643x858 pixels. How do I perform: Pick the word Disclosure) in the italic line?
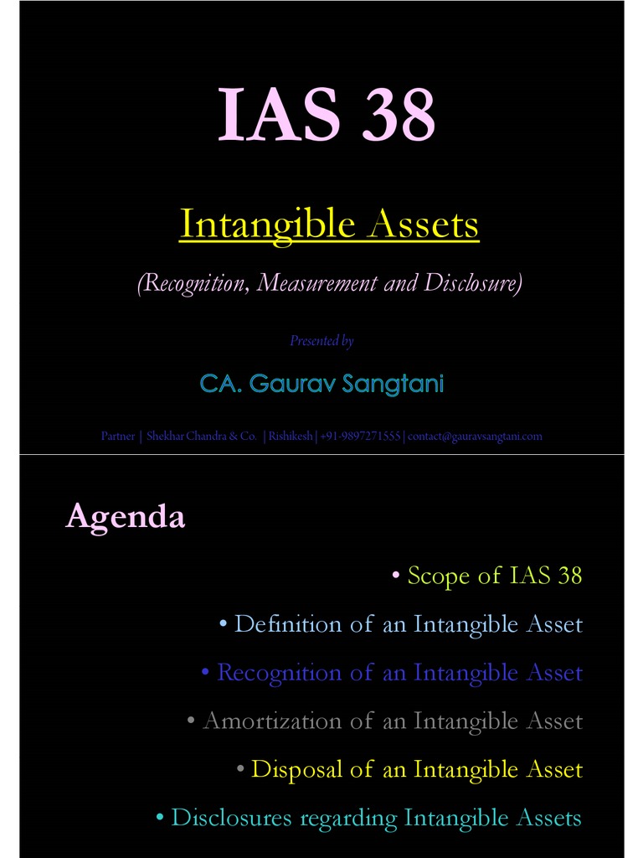coord(474,283)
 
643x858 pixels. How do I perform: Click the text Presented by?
coord(321,341)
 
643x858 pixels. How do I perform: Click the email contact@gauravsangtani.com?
coord(475,436)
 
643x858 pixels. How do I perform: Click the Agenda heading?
coord(126,517)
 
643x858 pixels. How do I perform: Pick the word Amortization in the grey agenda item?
coord(260,721)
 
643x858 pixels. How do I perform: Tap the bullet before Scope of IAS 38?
coord(396,576)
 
